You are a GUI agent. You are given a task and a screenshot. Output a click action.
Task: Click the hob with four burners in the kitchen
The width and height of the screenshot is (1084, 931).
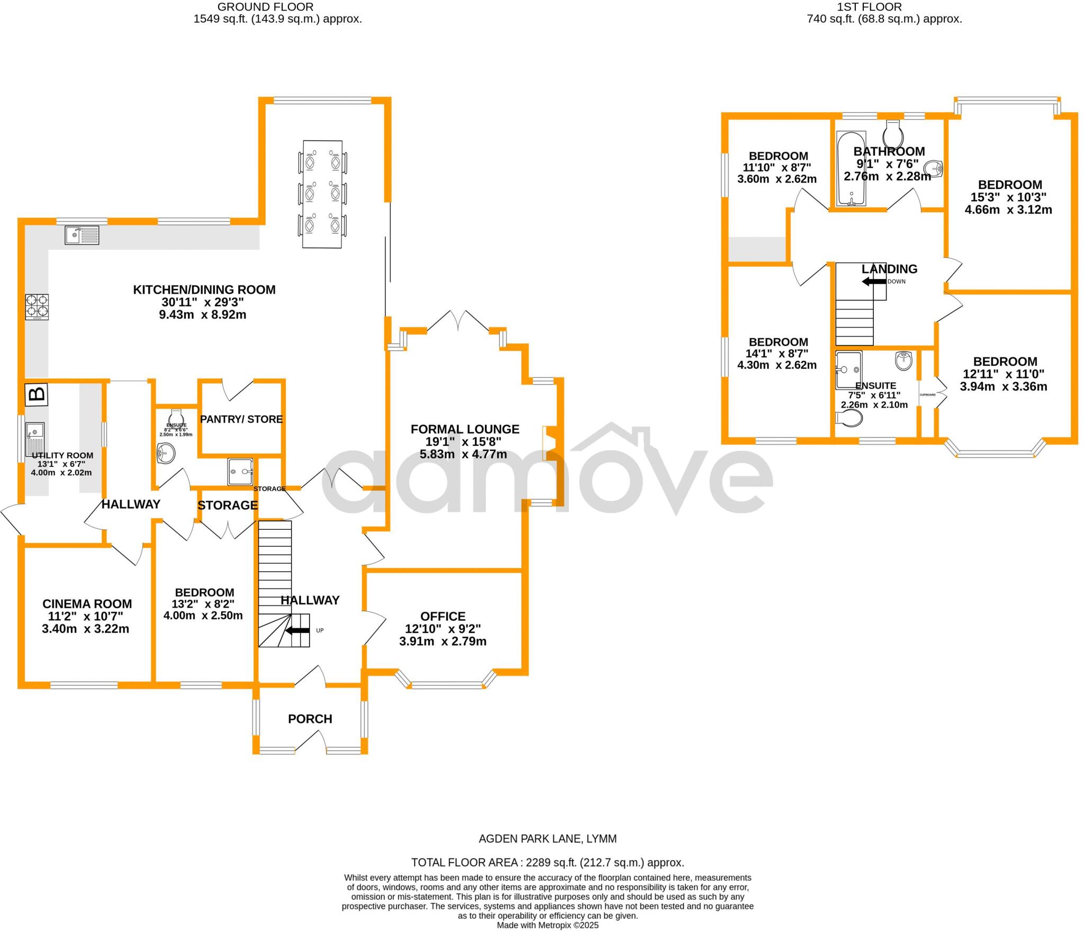pyautogui.click(x=37, y=306)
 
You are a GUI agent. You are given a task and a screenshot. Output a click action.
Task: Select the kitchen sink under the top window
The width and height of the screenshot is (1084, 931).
pyautogui.click(x=82, y=234)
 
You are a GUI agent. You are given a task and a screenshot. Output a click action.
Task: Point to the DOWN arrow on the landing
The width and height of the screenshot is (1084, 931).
pyautogui.click(x=874, y=282)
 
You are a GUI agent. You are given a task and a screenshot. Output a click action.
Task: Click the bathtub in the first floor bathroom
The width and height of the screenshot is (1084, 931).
pyautogui.click(x=851, y=168)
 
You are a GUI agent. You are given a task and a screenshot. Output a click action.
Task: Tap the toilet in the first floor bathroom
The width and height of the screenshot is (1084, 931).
pyautogui.click(x=892, y=129)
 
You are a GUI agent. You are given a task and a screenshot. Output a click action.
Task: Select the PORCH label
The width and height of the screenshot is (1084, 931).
pyautogui.click(x=310, y=719)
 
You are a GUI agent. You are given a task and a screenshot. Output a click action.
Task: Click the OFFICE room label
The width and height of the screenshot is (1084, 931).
pyautogui.click(x=443, y=616)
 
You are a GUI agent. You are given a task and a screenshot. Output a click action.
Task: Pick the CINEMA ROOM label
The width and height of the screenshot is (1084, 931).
pyautogui.click(x=87, y=603)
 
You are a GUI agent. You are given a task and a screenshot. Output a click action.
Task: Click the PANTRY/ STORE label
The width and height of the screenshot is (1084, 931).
pyautogui.click(x=241, y=419)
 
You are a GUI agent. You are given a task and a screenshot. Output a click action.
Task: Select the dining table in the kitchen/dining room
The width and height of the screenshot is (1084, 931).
pyautogui.click(x=322, y=194)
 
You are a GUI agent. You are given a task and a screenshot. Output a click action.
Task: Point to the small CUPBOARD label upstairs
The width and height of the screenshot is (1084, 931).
pyautogui.click(x=927, y=395)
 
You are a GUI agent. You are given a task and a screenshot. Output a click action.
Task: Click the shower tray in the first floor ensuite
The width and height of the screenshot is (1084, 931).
pyautogui.click(x=848, y=369)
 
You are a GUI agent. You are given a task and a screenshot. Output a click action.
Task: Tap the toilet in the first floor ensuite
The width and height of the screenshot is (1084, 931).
pyautogui.click(x=848, y=419)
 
